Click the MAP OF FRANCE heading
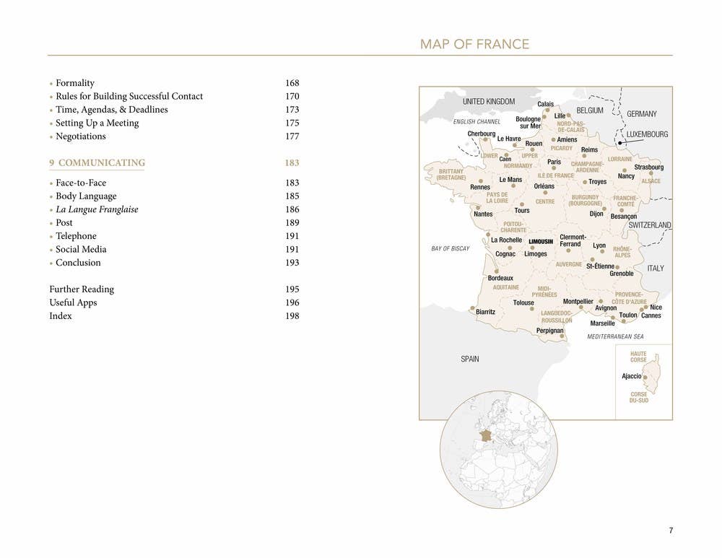tap(474, 45)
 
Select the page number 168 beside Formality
tap(292, 83)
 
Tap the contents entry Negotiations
tap(80, 136)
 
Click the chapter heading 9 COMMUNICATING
tap(97, 163)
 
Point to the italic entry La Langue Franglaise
tap(97, 209)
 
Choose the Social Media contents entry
tap(81, 250)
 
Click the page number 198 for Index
tap(292, 316)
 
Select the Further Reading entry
tap(82, 289)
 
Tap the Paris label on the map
tap(554, 162)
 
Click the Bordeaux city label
tap(500, 278)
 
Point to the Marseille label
tap(602, 323)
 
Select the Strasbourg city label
tap(648, 167)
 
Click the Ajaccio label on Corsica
tap(631, 376)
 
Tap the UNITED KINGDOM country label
tap(489, 102)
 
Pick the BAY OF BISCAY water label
tap(451, 249)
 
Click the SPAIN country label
tap(469, 359)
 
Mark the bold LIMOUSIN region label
tap(541, 242)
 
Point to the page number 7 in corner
tap(671, 531)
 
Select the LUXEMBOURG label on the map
tap(647, 134)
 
